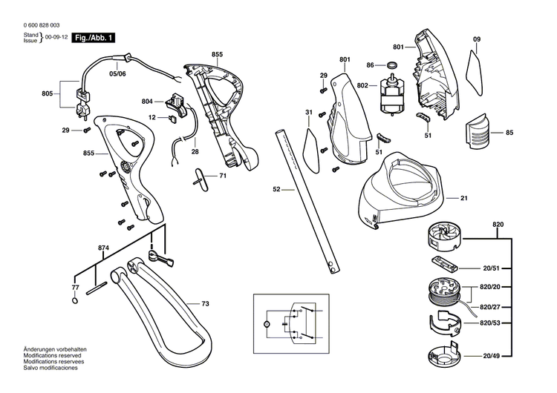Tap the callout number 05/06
(x=118, y=74)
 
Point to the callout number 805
(x=48, y=94)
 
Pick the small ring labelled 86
(x=392, y=65)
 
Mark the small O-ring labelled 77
(x=75, y=300)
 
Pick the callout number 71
(x=222, y=176)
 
